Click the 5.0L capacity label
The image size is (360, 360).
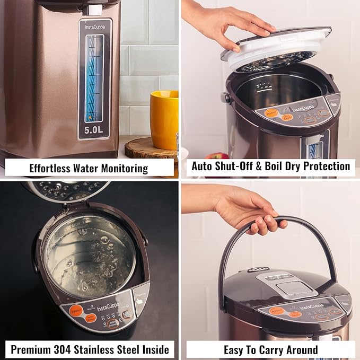pyautogui.click(x=95, y=128)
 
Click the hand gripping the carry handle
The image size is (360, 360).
pyautogui.click(x=249, y=209)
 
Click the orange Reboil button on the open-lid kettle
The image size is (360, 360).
pyautogui.click(x=272, y=112)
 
